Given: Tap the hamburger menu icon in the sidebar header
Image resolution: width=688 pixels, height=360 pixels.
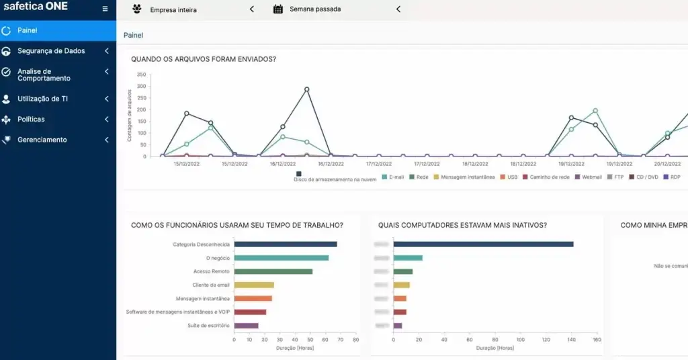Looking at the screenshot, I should coord(105,9).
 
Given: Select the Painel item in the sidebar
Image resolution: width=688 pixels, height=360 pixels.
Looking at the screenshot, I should coord(28,30).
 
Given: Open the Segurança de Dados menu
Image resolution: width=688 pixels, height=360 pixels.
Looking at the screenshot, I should coord(51,51).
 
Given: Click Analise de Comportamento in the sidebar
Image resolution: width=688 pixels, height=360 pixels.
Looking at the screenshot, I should coord(44,75).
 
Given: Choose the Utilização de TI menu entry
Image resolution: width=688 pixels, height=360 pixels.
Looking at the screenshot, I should coord(42,99).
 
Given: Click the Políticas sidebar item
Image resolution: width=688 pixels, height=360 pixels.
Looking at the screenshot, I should coord(31,120).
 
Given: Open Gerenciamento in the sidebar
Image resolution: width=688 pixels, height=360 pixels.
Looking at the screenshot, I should coord(42,140).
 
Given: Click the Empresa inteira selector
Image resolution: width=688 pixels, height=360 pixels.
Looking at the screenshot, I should coord(173,10).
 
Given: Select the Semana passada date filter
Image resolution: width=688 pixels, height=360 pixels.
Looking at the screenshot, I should coord(315,10).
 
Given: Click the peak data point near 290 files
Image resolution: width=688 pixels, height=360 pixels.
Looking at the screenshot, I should coord(306,89).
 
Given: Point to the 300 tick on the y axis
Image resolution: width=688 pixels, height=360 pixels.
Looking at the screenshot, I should coord(141,86).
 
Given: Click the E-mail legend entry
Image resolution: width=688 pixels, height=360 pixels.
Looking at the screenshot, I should coord(394,177).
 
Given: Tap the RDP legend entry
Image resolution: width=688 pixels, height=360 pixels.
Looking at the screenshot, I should coord(672,177).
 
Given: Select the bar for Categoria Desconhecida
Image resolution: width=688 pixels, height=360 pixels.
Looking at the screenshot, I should coord(286,244).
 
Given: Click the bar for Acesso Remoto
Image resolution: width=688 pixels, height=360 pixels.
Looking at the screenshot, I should coord(273,271).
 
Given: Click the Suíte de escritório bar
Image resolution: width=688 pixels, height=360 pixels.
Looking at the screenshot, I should coord(246,326).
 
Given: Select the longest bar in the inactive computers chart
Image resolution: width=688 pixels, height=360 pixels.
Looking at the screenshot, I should coord(483,244).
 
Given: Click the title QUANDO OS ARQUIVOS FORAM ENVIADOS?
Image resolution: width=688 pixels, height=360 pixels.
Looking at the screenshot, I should coord(203,59).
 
